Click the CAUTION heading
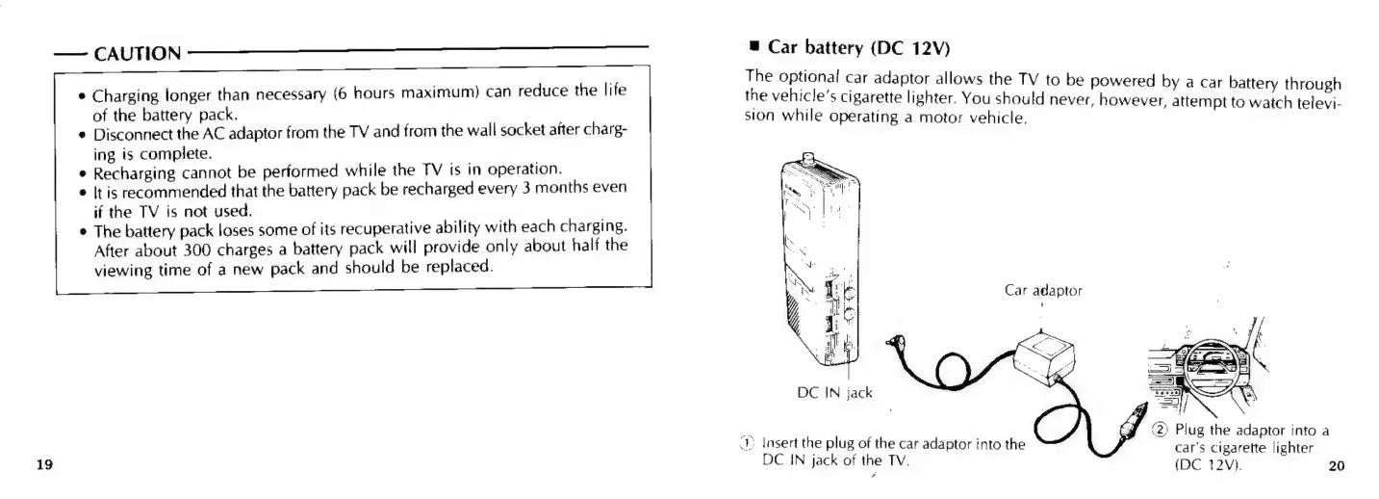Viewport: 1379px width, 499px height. pyautogui.click(x=137, y=52)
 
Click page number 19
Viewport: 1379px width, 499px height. pyautogui.click(x=44, y=465)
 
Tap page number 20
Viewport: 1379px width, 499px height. pyautogui.click(x=1335, y=467)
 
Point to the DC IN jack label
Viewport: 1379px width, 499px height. pyautogui.click(x=835, y=392)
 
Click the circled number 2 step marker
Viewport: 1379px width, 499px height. pyautogui.click(x=1161, y=429)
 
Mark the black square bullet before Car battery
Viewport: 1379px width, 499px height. pyautogui.click(x=753, y=46)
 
